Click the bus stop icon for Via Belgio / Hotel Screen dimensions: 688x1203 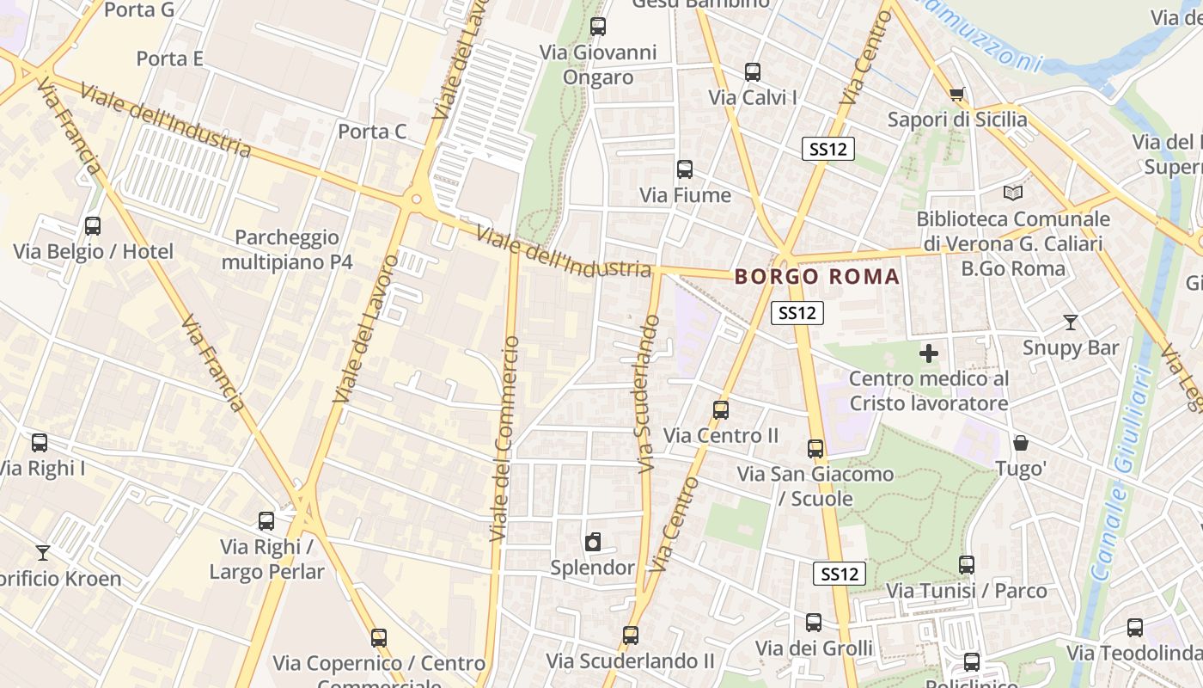coord(92,226)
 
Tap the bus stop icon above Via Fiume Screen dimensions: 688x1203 coord(685,169)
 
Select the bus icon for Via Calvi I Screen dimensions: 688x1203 coord(753,72)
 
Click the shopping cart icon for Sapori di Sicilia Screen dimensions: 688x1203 coord(956,94)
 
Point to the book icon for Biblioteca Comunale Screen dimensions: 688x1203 coord(1013,193)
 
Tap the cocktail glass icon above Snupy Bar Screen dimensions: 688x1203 coord(1070,322)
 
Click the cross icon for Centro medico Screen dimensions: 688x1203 coord(928,353)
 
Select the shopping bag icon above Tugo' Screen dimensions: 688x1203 coord(1021,443)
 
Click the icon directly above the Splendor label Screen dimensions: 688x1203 coord(592,543)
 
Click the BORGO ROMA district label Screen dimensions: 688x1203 coord(817,277)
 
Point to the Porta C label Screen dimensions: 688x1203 coord(372,132)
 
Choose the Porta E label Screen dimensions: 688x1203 coord(169,58)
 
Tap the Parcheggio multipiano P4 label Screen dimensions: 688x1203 coord(287,249)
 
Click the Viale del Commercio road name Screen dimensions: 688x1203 coord(504,439)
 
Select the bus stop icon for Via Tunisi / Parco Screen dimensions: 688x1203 coord(967,565)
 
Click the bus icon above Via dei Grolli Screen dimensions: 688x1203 coord(814,623)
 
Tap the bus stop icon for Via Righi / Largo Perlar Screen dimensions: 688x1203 coord(266,521)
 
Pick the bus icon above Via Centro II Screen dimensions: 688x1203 coord(721,410)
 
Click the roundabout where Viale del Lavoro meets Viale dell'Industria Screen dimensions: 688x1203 coord(417,200)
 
